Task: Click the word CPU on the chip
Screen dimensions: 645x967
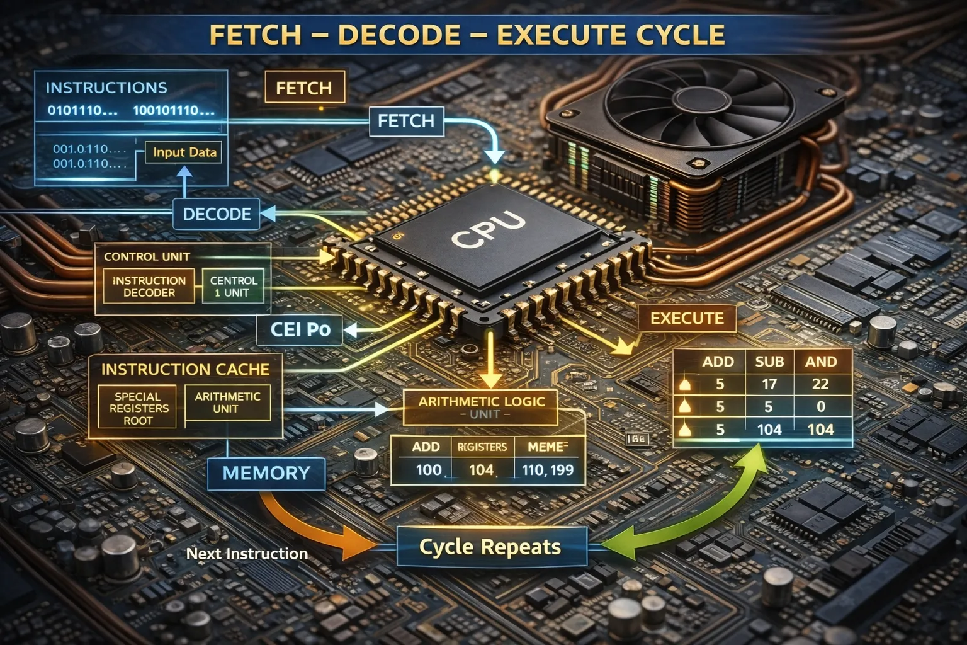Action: (489, 229)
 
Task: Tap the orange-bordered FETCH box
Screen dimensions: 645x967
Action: (304, 88)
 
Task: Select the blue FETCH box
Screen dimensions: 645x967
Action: (406, 120)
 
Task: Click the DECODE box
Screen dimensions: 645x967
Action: (217, 214)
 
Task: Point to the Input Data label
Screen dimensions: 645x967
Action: (184, 152)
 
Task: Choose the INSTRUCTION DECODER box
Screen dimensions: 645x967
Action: (149, 287)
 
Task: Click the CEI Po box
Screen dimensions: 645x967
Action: (300, 329)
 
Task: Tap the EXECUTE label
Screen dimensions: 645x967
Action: (686, 318)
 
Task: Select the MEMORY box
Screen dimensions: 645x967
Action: (266, 473)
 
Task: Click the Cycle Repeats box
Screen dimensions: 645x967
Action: (490, 547)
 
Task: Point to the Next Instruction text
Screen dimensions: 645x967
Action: (247, 554)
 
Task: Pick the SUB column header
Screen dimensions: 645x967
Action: (769, 362)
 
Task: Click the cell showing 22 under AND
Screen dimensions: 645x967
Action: (820, 384)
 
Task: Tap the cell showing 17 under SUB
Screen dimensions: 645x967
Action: (769, 384)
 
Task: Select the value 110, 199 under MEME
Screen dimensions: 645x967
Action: (547, 470)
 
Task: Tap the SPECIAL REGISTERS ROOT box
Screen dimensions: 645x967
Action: (138, 408)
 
